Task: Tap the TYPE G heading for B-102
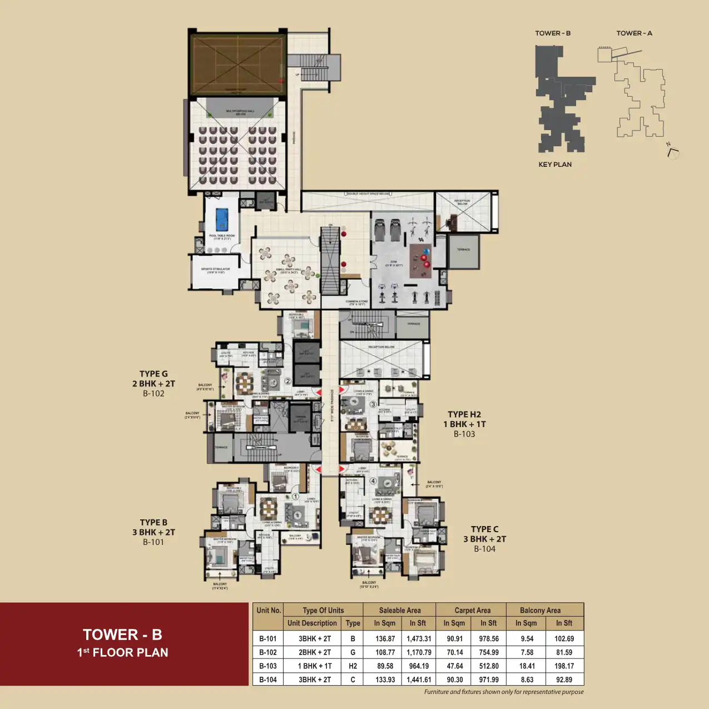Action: [153, 374]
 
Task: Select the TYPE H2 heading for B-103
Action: [464, 414]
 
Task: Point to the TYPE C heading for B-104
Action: [484, 529]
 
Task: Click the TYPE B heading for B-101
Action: [153, 522]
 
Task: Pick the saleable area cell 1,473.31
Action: [418, 639]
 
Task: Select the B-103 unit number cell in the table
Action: [268, 666]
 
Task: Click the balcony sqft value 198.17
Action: [564, 666]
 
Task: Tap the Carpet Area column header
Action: [472, 610]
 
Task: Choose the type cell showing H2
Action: [353, 666]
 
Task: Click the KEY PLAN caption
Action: [554, 165]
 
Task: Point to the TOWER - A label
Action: [634, 33]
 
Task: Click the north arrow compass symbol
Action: [672, 152]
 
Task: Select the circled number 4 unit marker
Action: [373, 481]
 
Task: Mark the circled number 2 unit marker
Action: [288, 381]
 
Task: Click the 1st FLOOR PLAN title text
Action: [122, 653]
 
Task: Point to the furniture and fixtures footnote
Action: [504, 692]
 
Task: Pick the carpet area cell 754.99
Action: [489, 652]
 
